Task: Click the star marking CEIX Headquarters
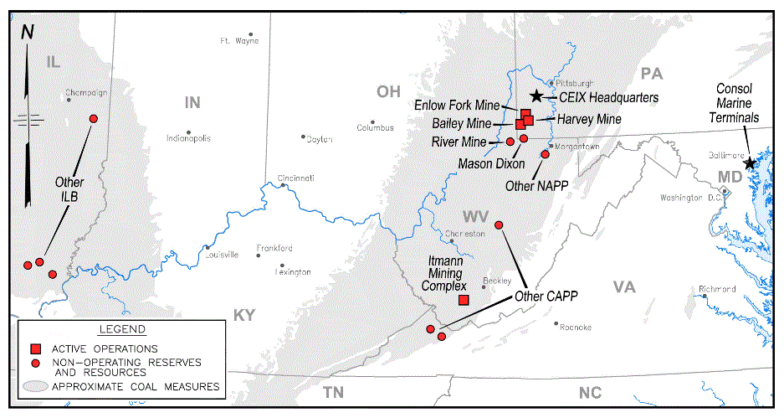536,97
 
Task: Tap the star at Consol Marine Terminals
750,163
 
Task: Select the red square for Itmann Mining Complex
464,300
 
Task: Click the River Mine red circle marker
510,142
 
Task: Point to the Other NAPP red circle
545,154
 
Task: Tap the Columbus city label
375,128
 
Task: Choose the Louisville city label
220,254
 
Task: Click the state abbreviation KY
243,316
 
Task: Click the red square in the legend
36,348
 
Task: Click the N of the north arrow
28,33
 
